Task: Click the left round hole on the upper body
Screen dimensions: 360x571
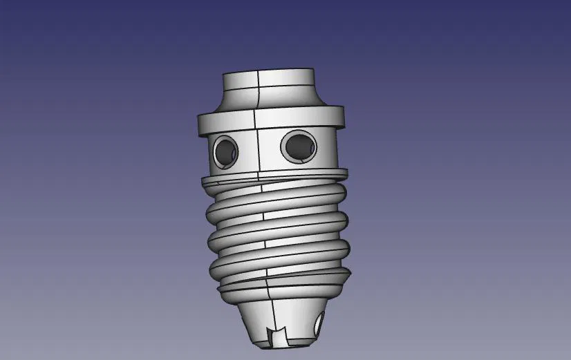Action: tap(225, 150)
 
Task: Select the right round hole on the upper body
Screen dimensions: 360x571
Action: tap(299, 145)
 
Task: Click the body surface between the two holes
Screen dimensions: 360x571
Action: tap(259, 149)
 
